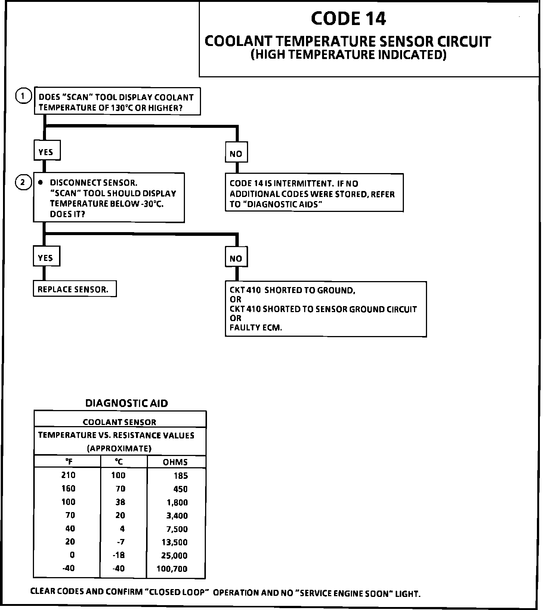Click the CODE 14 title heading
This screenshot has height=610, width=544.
click(348, 19)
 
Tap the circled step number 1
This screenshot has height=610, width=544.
click(23, 96)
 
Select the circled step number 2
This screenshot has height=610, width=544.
click(23, 182)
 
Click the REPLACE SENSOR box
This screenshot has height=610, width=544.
click(74, 289)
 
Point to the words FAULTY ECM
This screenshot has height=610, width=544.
click(256, 328)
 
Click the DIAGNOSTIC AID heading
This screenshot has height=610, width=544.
click(127, 403)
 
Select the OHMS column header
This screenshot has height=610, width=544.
click(175, 462)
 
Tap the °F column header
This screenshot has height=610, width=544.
click(69, 462)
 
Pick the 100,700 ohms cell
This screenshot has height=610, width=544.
click(172, 569)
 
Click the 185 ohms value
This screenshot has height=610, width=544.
click(181, 476)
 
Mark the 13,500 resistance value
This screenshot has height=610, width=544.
click(174, 542)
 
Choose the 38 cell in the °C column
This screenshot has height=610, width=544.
click(120, 502)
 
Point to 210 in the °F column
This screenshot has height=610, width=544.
click(68, 475)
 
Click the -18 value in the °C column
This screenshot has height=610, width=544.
click(119, 555)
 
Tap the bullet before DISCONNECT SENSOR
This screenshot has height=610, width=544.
click(41, 182)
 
